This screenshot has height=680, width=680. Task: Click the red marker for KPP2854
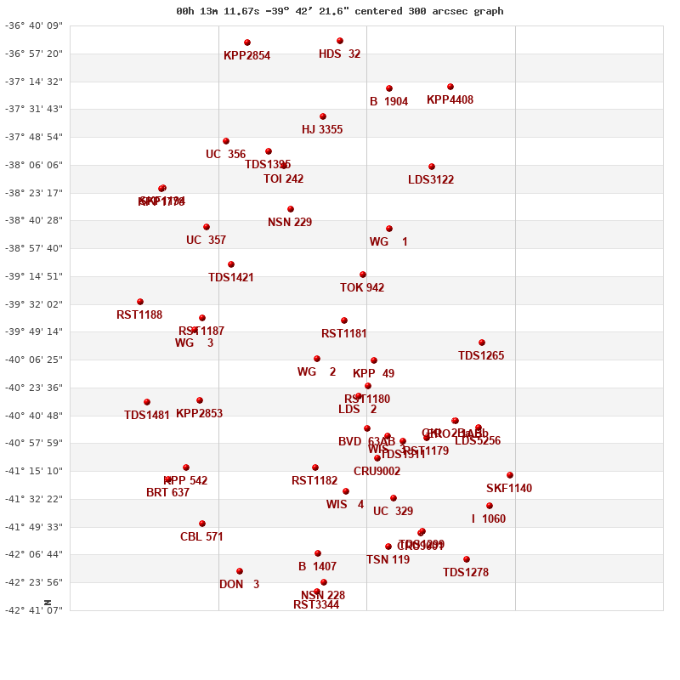pos(247,42)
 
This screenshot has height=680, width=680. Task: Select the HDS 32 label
pos(339,54)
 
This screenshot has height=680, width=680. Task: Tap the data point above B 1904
pos(389,88)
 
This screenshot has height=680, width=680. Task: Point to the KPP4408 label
pos(450,100)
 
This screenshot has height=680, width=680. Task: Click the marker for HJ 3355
pos(323,116)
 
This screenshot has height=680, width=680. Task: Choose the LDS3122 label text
pos(431,180)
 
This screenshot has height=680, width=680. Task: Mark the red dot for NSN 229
pos(291,209)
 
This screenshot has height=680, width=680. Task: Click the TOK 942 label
pos(362,288)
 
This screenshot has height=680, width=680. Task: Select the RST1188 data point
pos(140,302)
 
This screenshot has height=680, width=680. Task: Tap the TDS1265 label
pos(481,356)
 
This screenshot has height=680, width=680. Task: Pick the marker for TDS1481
pos(147,402)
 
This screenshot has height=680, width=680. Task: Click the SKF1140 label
pos(509,489)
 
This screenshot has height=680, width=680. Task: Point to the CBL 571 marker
pos(202,524)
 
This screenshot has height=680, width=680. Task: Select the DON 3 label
pos(239,585)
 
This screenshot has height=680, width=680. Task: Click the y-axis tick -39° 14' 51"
pos(35,276)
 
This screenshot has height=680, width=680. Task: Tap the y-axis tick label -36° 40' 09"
pos(35,26)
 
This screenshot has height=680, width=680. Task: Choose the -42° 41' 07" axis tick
pos(35,610)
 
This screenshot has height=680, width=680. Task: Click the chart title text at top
pos(340,11)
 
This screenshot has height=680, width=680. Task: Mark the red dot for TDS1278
pos(467,559)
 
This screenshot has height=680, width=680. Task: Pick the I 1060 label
pos(489,519)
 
